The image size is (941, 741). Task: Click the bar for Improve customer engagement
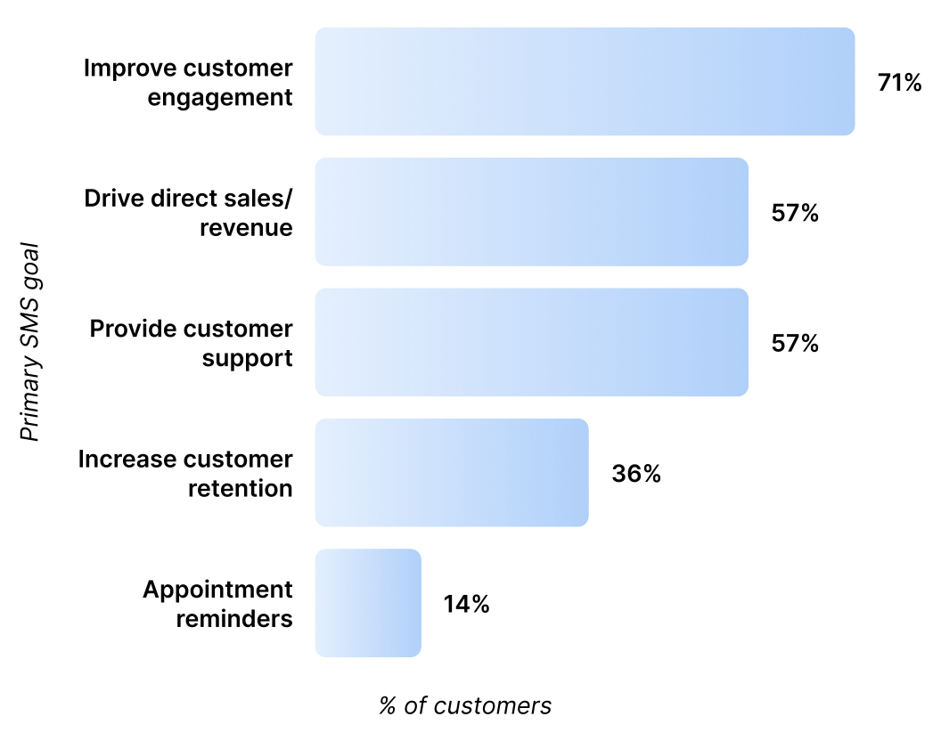click(585, 82)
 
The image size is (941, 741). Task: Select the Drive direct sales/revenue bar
click(531, 212)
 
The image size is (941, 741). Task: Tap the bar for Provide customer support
click(531, 342)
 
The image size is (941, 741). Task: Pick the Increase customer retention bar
click(452, 472)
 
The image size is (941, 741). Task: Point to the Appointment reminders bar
click(368, 603)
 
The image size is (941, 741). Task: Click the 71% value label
click(899, 84)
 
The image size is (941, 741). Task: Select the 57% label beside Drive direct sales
click(795, 214)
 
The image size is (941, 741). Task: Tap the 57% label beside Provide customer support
click(795, 344)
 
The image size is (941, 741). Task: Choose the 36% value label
click(636, 474)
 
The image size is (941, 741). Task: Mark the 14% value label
click(467, 604)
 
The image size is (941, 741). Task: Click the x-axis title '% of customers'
click(465, 706)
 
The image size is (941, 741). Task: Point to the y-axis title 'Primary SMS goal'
click(31, 341)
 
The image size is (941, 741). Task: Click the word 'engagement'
click(220, 98)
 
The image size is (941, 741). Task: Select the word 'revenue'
click(246, 228)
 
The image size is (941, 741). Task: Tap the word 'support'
click(247, 358)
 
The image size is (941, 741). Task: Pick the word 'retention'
click(241, 488)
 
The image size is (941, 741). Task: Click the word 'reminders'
click(234, 618)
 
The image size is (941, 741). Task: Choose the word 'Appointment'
click(217, 590)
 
